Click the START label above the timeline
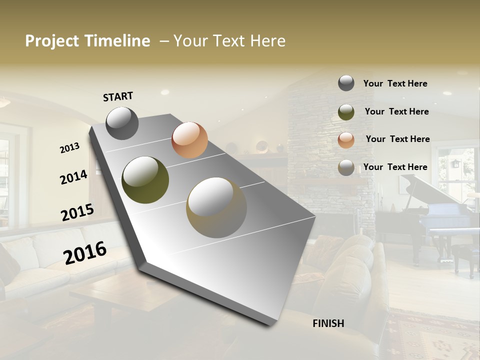point(118,96)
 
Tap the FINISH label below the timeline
point(328,323)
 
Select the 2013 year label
point(70,148)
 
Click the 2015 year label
point(77,212)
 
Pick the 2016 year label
point(85,252)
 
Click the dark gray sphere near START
point(122,123)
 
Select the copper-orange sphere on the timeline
point(189,140)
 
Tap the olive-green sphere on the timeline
point(145,180)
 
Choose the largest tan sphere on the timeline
point(216,207)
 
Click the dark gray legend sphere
point(346,83)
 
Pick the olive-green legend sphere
point(346,112)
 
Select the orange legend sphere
point(346,139)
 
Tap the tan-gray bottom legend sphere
point(346,167)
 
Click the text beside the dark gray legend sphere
point(395,84)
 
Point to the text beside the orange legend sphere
point(397,139)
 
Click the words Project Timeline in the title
point(87,41)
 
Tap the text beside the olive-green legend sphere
point(396,111)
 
